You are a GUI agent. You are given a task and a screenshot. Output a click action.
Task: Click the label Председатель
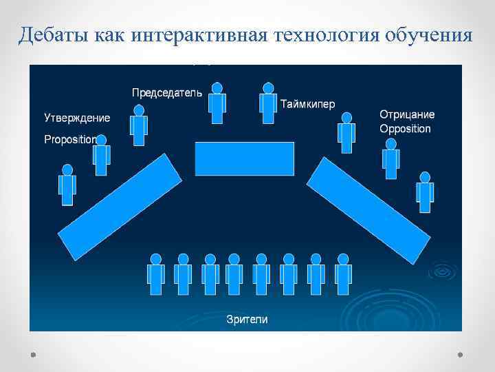(x=166, y=92)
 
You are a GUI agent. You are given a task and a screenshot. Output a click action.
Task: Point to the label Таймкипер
(x=307, y=104)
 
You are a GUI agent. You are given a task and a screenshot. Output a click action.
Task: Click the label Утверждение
(x=77, y=118)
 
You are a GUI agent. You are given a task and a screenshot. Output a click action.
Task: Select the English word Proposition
(x=69, y=139)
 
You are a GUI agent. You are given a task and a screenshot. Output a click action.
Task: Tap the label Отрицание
(x=407, y=114)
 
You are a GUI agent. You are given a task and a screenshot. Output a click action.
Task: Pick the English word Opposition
(x=405, y=129)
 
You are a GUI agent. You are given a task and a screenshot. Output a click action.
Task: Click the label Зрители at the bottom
(x=247, y=319)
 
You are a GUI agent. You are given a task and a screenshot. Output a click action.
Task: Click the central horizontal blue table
(x=244, y=158)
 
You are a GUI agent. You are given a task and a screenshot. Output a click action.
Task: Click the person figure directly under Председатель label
(x=139, y=125)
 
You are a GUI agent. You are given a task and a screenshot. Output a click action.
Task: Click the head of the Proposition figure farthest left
(x=67, y=169)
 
